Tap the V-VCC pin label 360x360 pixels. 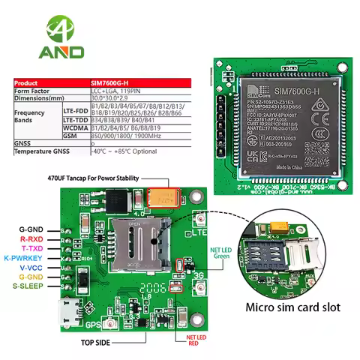tap(31, 267)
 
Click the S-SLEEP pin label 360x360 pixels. tap(28, 286)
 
